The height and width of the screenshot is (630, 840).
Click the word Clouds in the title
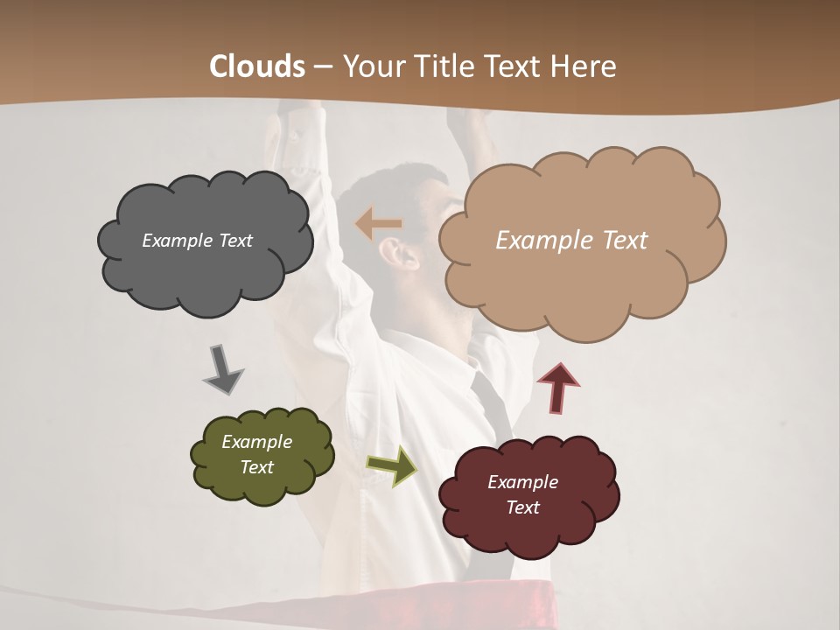click(257, 66)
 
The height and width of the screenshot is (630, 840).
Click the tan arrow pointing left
click(378, 224)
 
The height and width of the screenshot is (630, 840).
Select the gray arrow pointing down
click(223, 369)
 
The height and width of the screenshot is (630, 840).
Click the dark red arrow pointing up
click(557, 388)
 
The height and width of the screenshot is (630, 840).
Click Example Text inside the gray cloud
click(197, 241)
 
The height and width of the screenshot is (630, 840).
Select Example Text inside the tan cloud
click(571, 241)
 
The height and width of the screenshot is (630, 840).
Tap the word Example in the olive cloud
click(256, 442)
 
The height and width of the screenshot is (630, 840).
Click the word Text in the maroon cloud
click(522, 507)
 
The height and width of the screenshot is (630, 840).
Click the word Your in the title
click(370, 66)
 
